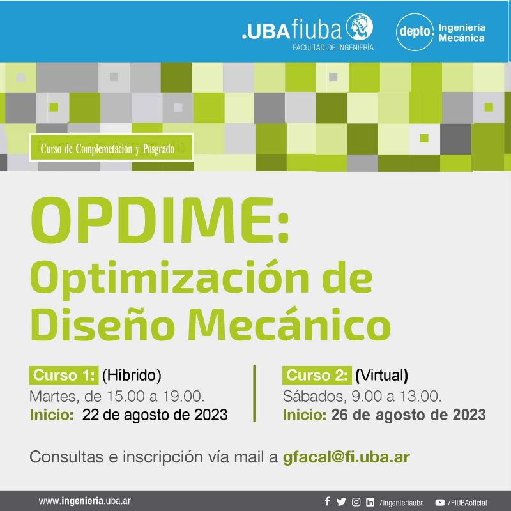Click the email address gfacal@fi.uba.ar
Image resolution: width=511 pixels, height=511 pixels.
[346, 457]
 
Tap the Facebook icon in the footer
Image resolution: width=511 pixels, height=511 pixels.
[327, 501]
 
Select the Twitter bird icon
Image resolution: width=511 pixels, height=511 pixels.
[341, 501]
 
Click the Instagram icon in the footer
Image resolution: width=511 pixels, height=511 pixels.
[356, 502]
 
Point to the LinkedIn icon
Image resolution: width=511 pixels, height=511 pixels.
[370, 502]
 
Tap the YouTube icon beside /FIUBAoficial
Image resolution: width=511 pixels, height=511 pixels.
[439, 503]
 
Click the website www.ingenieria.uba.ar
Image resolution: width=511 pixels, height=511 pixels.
[85, 501]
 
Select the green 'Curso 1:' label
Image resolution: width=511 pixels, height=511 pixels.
[63, 375]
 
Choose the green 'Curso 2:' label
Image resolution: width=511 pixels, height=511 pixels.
[317, 375]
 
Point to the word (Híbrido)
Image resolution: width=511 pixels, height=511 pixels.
[132, 376]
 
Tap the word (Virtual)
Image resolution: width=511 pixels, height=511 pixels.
[381, 376]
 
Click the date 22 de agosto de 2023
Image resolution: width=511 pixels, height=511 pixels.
[155, 415]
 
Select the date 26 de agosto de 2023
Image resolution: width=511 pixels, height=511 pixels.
[408, 415]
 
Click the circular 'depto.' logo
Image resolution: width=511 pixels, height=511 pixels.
[415, 32]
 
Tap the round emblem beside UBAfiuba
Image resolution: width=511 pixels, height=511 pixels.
[359, 27]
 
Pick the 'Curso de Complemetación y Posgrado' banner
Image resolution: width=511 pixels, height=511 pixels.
[111, 148]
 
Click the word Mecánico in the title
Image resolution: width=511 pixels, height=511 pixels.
[289, 324]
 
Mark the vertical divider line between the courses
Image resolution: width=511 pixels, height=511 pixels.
[254, 393]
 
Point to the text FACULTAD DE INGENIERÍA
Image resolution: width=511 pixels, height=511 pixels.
[333, 47]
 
